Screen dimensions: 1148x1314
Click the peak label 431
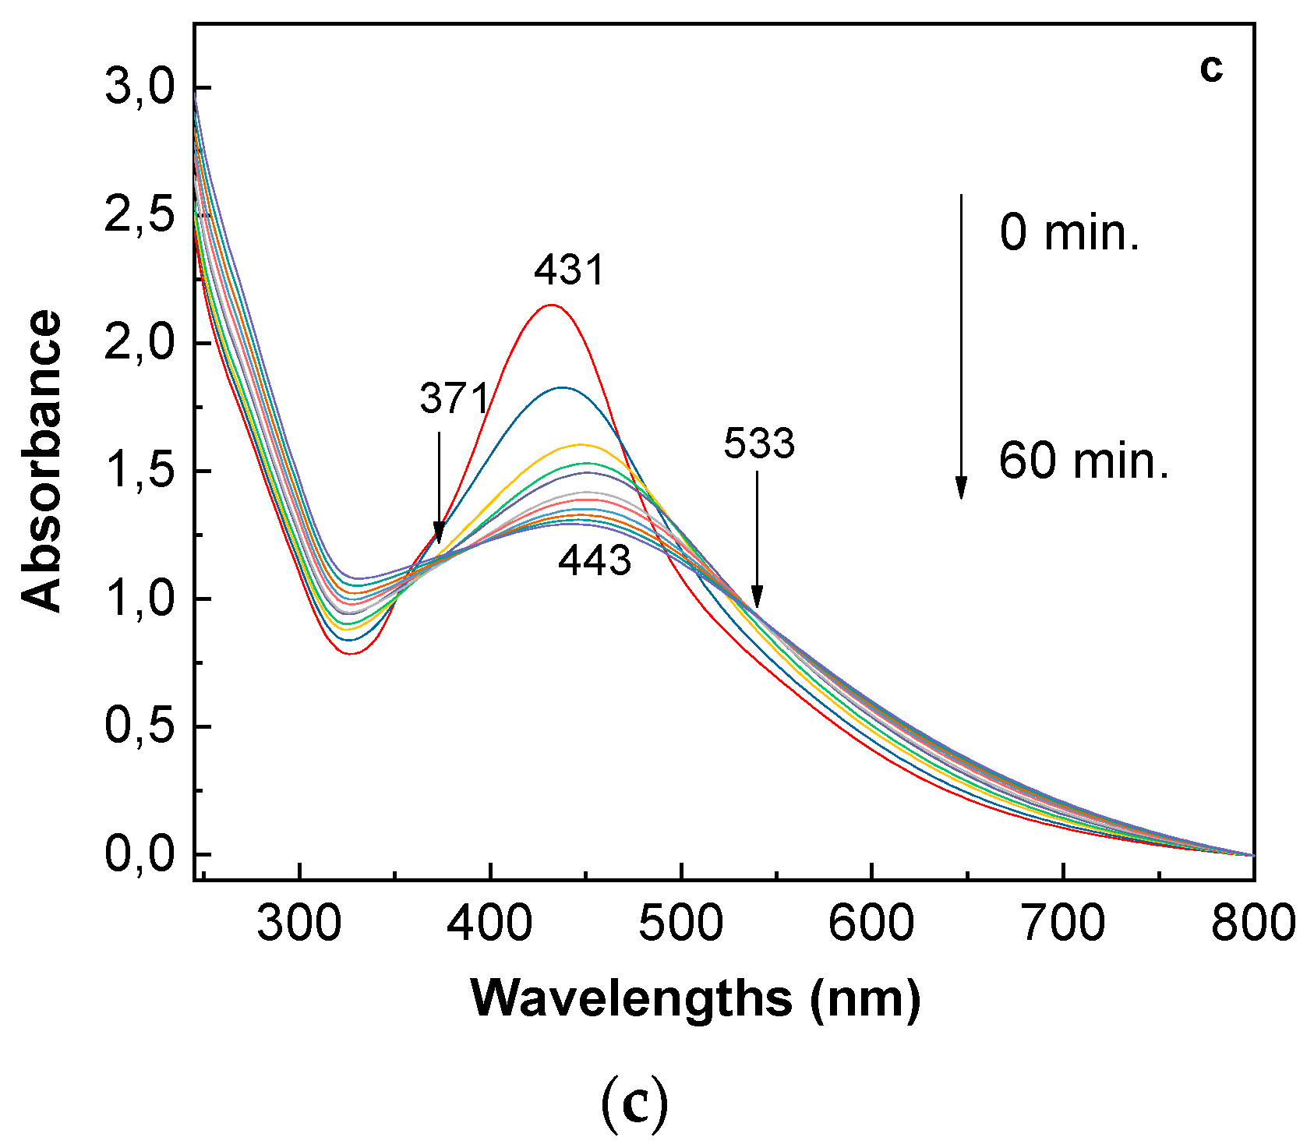tap(569, 271)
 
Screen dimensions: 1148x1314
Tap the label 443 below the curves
tap(594, 560)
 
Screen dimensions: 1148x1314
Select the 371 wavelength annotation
tap(454, 398)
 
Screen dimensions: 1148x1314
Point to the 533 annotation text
tap(758, 444)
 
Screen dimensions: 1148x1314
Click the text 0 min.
tap(1069, 232)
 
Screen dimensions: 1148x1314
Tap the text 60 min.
tap(1083, 461)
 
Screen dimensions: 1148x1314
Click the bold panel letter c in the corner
tap(1210, 69)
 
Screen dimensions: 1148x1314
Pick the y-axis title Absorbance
tap(41, 461)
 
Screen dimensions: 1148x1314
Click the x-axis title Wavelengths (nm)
tap(695, 998)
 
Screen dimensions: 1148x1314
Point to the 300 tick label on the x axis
tap(299, 924)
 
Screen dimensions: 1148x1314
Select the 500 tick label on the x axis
tap(680, 924)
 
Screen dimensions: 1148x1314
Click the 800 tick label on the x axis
tap(1252, 924)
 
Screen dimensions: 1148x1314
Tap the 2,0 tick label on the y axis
tap(140, 343)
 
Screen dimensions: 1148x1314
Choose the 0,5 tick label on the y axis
tap(140, 726)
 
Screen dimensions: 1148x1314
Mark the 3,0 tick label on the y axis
tap(140, 87)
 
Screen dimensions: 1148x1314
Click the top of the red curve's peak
tap(551, 305)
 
